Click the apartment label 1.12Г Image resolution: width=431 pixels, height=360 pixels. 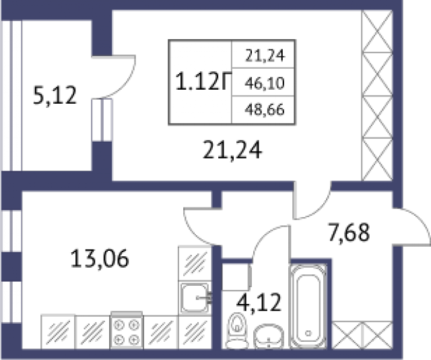coord(199,83)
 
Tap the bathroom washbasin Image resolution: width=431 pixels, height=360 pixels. coord(269,335)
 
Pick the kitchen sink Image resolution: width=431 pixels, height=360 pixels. coord(195,297)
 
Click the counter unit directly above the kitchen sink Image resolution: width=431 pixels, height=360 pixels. coord(195,262)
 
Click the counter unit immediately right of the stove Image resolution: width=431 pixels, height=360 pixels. coord(160,332)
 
